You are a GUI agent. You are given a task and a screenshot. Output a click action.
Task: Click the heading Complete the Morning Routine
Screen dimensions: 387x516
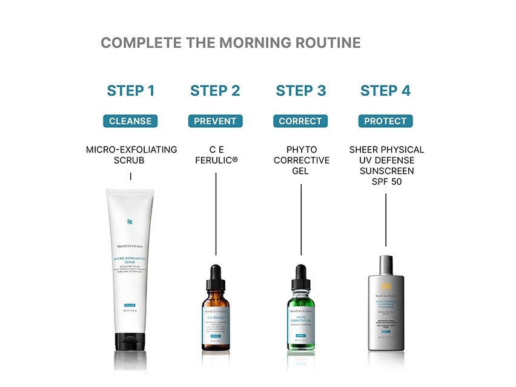(230, 43)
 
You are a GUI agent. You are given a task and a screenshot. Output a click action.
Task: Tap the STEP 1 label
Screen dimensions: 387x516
(131, 91)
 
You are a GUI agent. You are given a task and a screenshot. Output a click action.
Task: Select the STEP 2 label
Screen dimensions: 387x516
(215, 91)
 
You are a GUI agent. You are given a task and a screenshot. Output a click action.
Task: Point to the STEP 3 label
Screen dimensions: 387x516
(301, 91)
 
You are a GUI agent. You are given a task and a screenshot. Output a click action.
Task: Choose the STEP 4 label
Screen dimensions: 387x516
(385, 91)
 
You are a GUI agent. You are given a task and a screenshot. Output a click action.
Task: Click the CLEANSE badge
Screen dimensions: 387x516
(130, 121)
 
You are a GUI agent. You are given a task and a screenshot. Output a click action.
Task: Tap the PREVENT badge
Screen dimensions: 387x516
(215, 121)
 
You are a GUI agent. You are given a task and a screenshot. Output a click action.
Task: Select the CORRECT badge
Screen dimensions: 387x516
(300, 121)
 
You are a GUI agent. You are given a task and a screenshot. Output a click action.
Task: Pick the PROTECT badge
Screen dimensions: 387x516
(385, 121)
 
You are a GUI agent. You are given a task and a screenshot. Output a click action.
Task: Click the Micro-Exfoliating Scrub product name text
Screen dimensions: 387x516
(131, 155)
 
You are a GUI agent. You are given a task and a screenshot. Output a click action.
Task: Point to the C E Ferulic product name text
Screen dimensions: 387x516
(216, 155)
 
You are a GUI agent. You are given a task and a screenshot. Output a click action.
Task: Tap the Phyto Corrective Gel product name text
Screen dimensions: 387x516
(301, 160)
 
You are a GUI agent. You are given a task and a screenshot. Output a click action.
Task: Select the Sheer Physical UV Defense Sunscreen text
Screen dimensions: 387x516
(386, 165)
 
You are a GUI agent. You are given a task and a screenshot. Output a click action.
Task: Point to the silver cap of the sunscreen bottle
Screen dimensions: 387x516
(386, 267)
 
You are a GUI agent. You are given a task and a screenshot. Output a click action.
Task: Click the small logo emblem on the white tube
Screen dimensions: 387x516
(130, 222)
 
